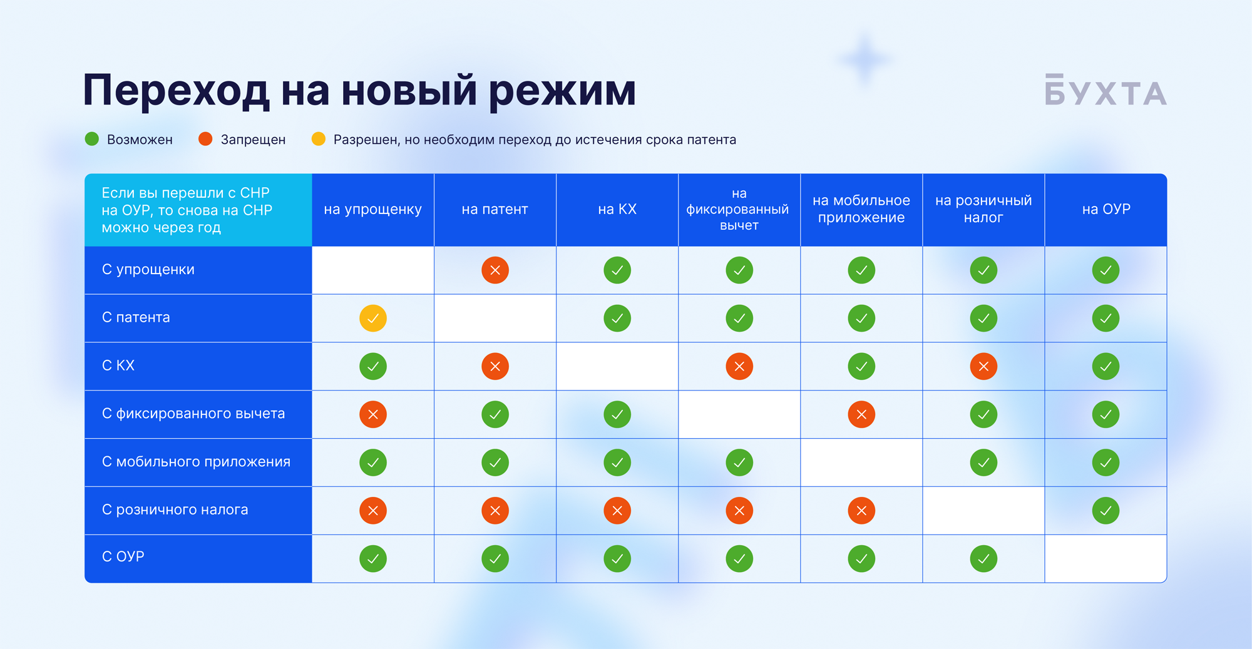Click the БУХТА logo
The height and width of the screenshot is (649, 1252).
pyautogui.click(x=1106, y=90)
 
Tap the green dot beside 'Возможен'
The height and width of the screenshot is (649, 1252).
pyautogui.click(x=92, y=139)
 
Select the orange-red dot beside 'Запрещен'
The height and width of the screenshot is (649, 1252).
pyautogui.click(x=205, y=139)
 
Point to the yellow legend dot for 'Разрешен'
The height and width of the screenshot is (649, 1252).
pyautogui.click(x=319, y=139)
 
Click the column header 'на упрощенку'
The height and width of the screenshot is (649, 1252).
pyautogui.click(x=372, y=210)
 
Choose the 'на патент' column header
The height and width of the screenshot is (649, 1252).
pyautogui.click(x=495, y=210)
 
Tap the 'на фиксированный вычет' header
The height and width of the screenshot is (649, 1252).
pyautogui.click(x=739, y=209)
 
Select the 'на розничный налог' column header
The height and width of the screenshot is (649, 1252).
pyautogui.click(x=983, y=209)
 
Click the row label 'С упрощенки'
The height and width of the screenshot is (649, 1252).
pyautogui.click(x=148, y=270)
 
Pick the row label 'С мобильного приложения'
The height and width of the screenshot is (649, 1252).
pyautogui.click(x=196, y=462)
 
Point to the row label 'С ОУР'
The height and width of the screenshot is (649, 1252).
pyautogui.click(x=123, y=556)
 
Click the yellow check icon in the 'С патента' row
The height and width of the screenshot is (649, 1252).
pyautogui.click(x=373, y=318)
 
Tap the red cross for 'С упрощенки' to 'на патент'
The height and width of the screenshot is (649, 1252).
pyautogui.click(x=495, y=270)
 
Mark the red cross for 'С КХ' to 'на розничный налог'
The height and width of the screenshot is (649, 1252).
pyautogui.click(x=983, y=366)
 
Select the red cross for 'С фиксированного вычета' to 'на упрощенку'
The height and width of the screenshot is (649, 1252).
pyautogui.click(x=373, y=414)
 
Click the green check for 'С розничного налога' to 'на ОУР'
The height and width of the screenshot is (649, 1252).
pyautogui.click(x=1106, y=511)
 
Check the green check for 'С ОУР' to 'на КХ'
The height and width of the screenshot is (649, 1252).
pyautogui.click(x=617, y=558)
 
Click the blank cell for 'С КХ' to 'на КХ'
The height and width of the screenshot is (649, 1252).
pyautogui.click(x=617, y=366)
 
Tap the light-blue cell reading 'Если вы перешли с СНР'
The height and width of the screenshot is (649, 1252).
pyautogui.click(x=198, y=210)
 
